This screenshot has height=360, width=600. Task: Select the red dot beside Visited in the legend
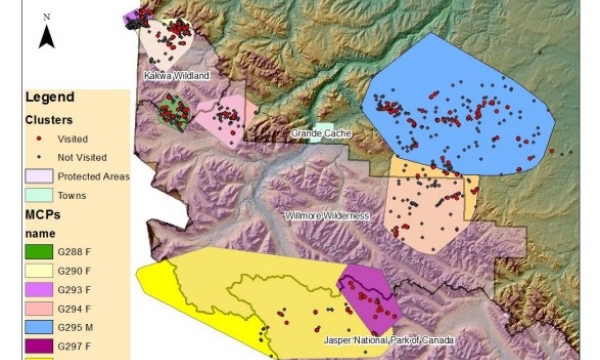coord(39,139)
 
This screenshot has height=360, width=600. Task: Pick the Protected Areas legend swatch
coord(39,176)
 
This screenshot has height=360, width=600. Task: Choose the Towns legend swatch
coord(39,195)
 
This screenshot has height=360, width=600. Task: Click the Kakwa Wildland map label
coord(175,76)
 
